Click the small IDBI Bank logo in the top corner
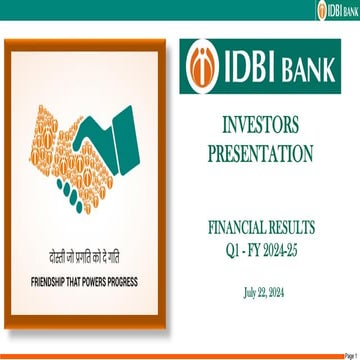[337, 10]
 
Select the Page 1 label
[349, 355]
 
